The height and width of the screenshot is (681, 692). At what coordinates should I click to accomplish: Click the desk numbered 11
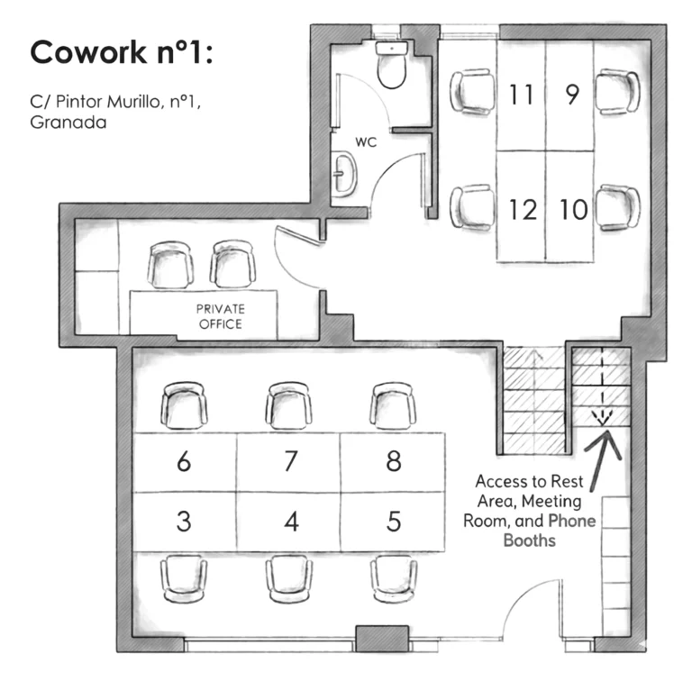click(521, 95)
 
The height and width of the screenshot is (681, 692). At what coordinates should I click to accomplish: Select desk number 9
click(569, 95)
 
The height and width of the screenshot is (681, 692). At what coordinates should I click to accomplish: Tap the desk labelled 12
click(521, 206)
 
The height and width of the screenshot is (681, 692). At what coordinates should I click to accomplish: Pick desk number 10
click(569, 206)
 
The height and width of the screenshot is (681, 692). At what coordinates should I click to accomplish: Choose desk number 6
click(185, 462)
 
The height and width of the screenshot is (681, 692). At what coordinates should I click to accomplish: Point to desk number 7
click(288, 462)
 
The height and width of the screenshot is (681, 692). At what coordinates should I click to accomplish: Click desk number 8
click(392, 462)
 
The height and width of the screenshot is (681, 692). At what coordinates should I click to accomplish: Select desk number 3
click(185, 522)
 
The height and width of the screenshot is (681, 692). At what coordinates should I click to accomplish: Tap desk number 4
click(288, 522)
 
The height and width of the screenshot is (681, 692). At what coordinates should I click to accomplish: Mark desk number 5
click(392, 522)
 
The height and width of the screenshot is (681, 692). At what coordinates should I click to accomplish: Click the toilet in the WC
click(391, 64)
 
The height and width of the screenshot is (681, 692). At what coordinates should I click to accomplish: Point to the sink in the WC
click(343, 174)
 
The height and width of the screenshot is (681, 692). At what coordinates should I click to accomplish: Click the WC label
click(366, 142)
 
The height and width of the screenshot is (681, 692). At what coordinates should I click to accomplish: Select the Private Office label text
click(220, 317)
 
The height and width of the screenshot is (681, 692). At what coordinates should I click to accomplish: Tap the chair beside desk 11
click(472, 92)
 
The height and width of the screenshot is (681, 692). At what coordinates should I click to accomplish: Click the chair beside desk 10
click(618, 208)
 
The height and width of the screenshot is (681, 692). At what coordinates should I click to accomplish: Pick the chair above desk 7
click(288, 405)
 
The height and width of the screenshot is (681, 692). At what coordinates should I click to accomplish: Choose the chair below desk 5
click(393, 578)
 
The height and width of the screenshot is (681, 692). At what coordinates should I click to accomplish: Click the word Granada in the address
click(68, 123)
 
